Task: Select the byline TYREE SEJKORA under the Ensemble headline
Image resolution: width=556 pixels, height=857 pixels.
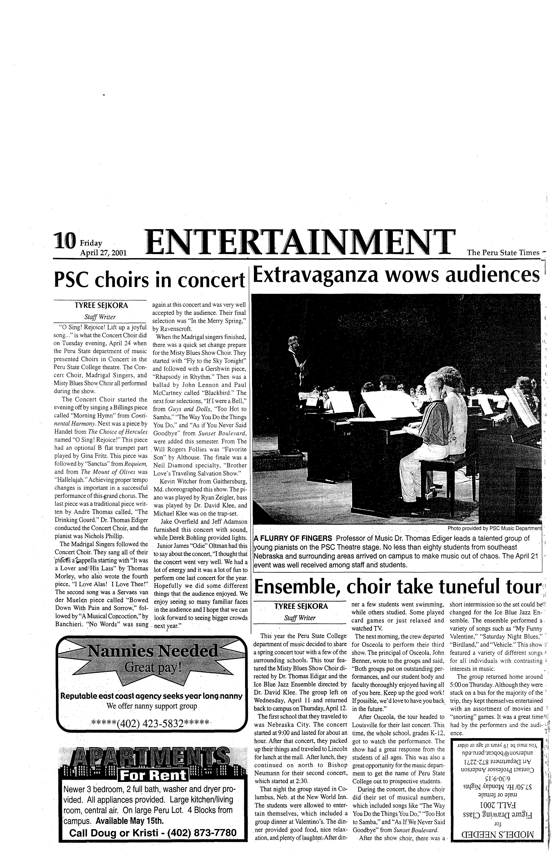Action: tap(301, 606)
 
